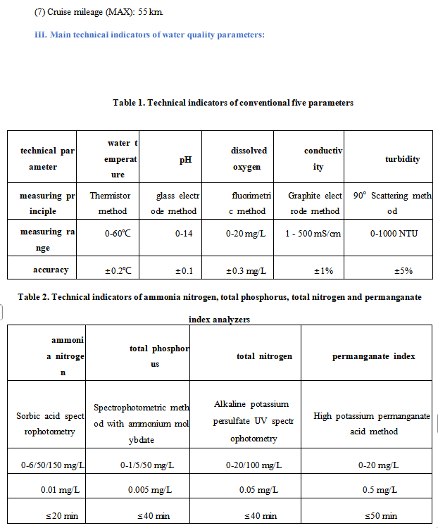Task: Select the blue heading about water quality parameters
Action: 149,34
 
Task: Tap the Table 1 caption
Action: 233,103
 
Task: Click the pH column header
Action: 185,159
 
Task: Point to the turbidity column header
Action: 402,159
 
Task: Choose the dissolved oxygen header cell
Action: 248,159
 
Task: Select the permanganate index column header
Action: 373,356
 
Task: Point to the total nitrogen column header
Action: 264,356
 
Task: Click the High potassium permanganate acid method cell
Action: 373,424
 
